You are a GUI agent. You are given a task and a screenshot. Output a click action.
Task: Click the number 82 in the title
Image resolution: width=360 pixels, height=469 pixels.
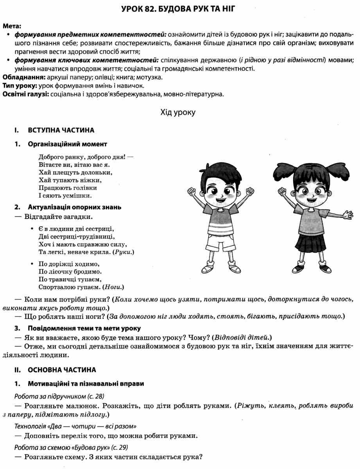(153, 8)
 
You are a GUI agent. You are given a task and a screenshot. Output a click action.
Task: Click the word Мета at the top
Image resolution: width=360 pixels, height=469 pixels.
(12, 27)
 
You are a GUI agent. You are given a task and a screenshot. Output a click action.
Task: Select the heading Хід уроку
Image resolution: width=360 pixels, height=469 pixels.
(177, 113)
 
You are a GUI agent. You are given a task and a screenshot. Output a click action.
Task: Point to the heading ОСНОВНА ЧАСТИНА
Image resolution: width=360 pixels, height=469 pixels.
(62, 369)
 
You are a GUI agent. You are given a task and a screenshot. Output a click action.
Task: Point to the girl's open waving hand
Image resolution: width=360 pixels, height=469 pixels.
(346, 215)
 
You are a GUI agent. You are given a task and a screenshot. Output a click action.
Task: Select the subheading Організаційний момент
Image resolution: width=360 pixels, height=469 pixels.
(67, 144)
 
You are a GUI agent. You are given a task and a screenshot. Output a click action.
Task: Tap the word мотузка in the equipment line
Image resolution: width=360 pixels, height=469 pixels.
(149, 77)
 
